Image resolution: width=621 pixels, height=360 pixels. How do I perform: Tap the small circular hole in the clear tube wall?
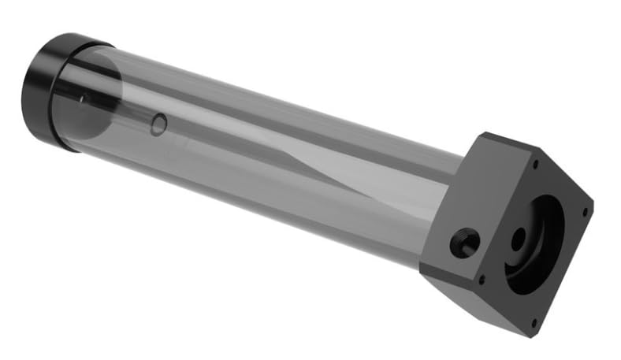(158, 124)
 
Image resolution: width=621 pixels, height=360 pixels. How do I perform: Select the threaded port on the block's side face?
(465, 243)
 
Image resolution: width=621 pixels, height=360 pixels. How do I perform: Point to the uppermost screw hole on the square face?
(536, 165)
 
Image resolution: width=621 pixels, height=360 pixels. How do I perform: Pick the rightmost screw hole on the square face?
(585, 211)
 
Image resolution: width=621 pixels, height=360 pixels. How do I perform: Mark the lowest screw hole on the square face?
(534, 320)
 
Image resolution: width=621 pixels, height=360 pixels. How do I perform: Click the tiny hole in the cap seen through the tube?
(83, 98)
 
